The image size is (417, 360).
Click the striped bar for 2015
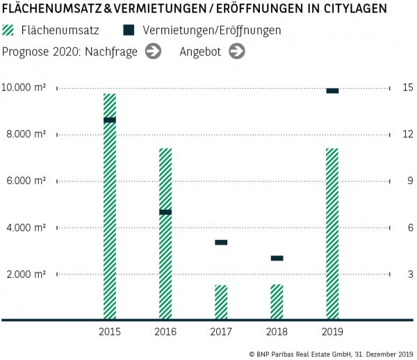pos(110,208)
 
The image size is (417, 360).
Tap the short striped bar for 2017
pos(221,302)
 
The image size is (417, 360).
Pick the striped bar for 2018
pos(277,302)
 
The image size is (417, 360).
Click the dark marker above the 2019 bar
pos(332,90)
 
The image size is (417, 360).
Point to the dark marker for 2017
pos(221,242)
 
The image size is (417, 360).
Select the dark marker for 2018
pos(277,258)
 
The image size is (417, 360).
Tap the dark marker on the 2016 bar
pos(165,212)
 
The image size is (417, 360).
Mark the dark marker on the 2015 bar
pos(110,120)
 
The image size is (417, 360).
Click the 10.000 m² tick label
pos(24,88)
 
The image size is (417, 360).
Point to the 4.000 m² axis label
pos(27,228)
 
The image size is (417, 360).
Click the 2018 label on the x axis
pos(277,332)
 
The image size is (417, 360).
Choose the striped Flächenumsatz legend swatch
pos(9,31)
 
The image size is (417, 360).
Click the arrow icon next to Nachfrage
pos(154,51)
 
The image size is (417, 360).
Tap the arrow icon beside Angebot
pos(237,51)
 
